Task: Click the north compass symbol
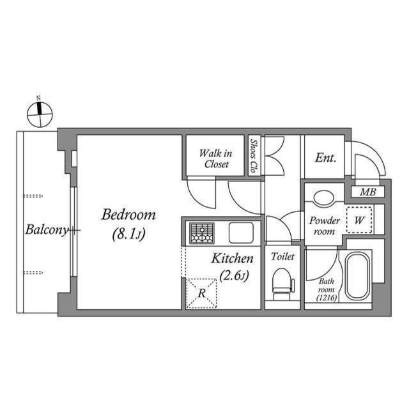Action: point(39,114)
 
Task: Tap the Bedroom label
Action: point(128,215)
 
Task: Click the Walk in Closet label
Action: point(215,158)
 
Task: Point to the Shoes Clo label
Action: point(254,157)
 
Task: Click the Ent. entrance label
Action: point(325,157)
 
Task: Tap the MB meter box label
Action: point(367,192)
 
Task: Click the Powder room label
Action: point(325,225)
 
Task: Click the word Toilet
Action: point(282,256)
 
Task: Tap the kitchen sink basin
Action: point(240,233)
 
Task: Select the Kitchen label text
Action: point(233,259)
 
